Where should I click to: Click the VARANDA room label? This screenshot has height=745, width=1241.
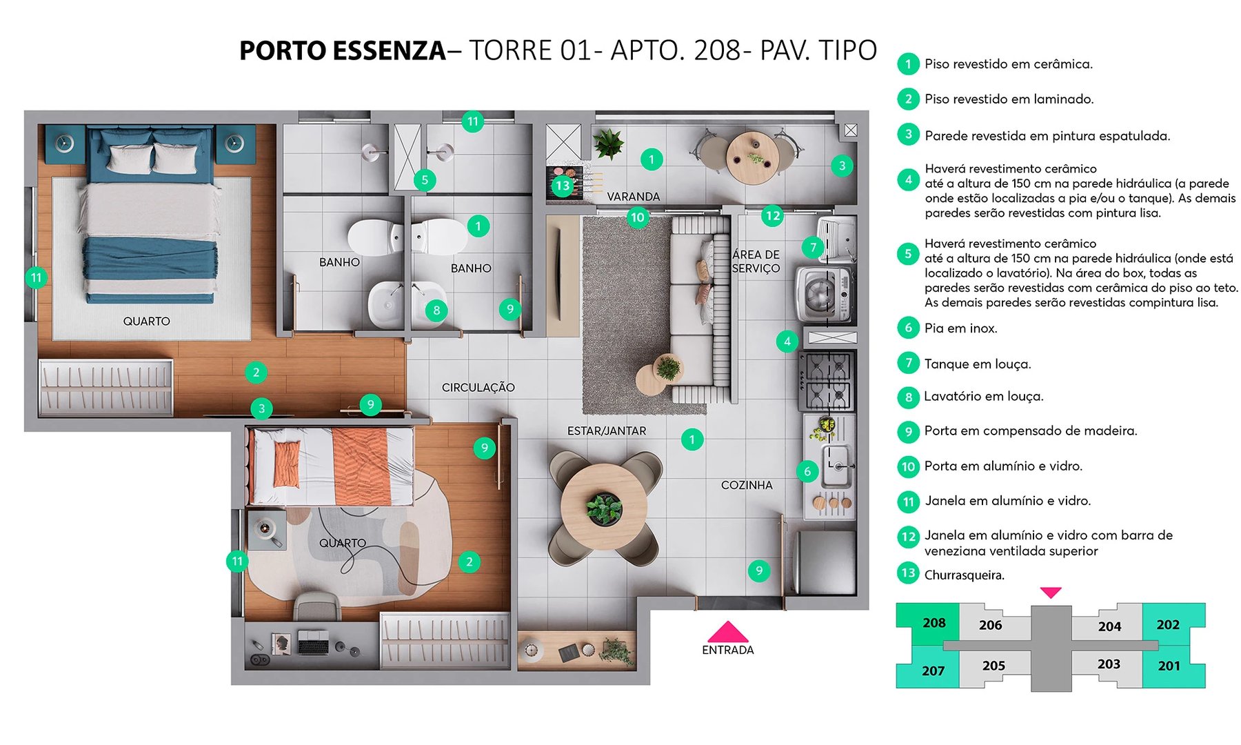tap(633, 197)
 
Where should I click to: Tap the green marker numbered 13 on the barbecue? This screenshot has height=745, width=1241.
tap(563, 185)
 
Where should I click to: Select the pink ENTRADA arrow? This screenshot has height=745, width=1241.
tap(727, 632)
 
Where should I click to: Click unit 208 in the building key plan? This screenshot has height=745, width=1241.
tap(934, 623)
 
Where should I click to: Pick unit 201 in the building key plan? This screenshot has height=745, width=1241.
tap(1169, 666)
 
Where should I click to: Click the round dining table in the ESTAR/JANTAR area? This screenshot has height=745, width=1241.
tap(604, 506)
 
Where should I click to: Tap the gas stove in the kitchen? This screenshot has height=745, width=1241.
tap(827, 381)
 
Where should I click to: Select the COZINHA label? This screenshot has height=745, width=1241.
tap(747, 485)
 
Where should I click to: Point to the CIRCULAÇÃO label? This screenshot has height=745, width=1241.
tap(478, 388)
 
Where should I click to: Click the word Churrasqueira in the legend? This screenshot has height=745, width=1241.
tap(964, 575)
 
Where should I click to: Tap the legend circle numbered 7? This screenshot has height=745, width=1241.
tap(908, 363)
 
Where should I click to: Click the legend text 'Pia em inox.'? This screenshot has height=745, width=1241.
tap(960, 328)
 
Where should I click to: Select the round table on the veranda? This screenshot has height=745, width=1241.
tap(752, 157)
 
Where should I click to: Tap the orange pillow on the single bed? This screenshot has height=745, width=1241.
tap(286, 464)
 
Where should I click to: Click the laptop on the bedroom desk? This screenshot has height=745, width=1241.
tap(313, 643)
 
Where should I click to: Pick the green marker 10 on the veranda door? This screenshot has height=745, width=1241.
tap(637, 217)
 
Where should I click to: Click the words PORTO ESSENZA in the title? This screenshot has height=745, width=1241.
tap(343, 51)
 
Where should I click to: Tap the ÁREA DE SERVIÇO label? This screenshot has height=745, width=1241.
tap(756, 261)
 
